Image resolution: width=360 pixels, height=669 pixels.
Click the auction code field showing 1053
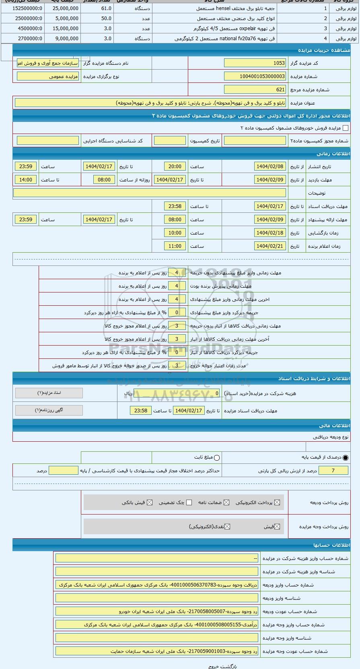pos(255,63)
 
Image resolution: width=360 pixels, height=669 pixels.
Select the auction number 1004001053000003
pos(255,76)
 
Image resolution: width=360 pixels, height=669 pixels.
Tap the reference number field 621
pos(255,90)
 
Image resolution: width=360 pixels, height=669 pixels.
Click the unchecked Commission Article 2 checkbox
pos(345,128)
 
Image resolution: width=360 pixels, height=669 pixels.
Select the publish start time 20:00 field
pos(175,166)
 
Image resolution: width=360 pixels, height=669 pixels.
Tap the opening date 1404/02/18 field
pos(270,233)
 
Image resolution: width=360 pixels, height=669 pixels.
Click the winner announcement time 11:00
pos(175,246)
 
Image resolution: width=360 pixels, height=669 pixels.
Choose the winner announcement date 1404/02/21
pos(270,246)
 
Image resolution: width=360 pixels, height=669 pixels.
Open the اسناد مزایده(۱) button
pos(49,393)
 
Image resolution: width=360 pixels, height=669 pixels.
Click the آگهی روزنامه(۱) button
pos(49,410)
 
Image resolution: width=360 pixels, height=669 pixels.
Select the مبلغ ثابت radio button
pos(217,457)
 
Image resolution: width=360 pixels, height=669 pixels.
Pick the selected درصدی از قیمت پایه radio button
pos(346,457)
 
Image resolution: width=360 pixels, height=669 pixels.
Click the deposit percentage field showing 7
pos(333,470)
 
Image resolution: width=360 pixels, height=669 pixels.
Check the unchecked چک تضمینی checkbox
pos(189,502)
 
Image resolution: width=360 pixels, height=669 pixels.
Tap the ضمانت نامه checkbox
pos(226,502)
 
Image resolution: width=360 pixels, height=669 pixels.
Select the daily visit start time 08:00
pos(104,180)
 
